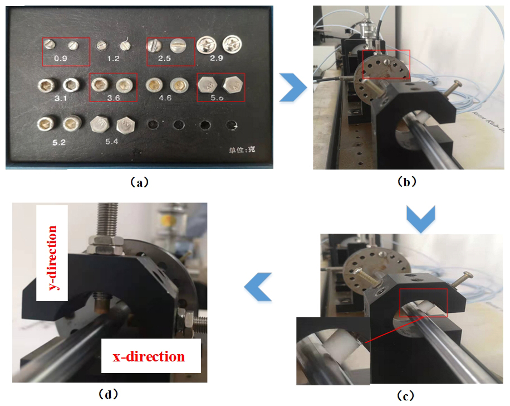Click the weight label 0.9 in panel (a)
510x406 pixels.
pos(66,58)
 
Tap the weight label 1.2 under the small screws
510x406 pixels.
pos(113,58)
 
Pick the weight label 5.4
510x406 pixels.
pos(113,142)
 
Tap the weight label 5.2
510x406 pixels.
pos(59,142)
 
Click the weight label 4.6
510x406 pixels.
pos(165,97)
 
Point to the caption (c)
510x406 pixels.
pos(405,395)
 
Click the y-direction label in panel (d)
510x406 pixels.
pos(52,253)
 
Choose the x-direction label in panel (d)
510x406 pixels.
pos(149,356)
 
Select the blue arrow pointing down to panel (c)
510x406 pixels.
pos(420,218)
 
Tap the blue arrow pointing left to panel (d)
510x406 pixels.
pos(259,287)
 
